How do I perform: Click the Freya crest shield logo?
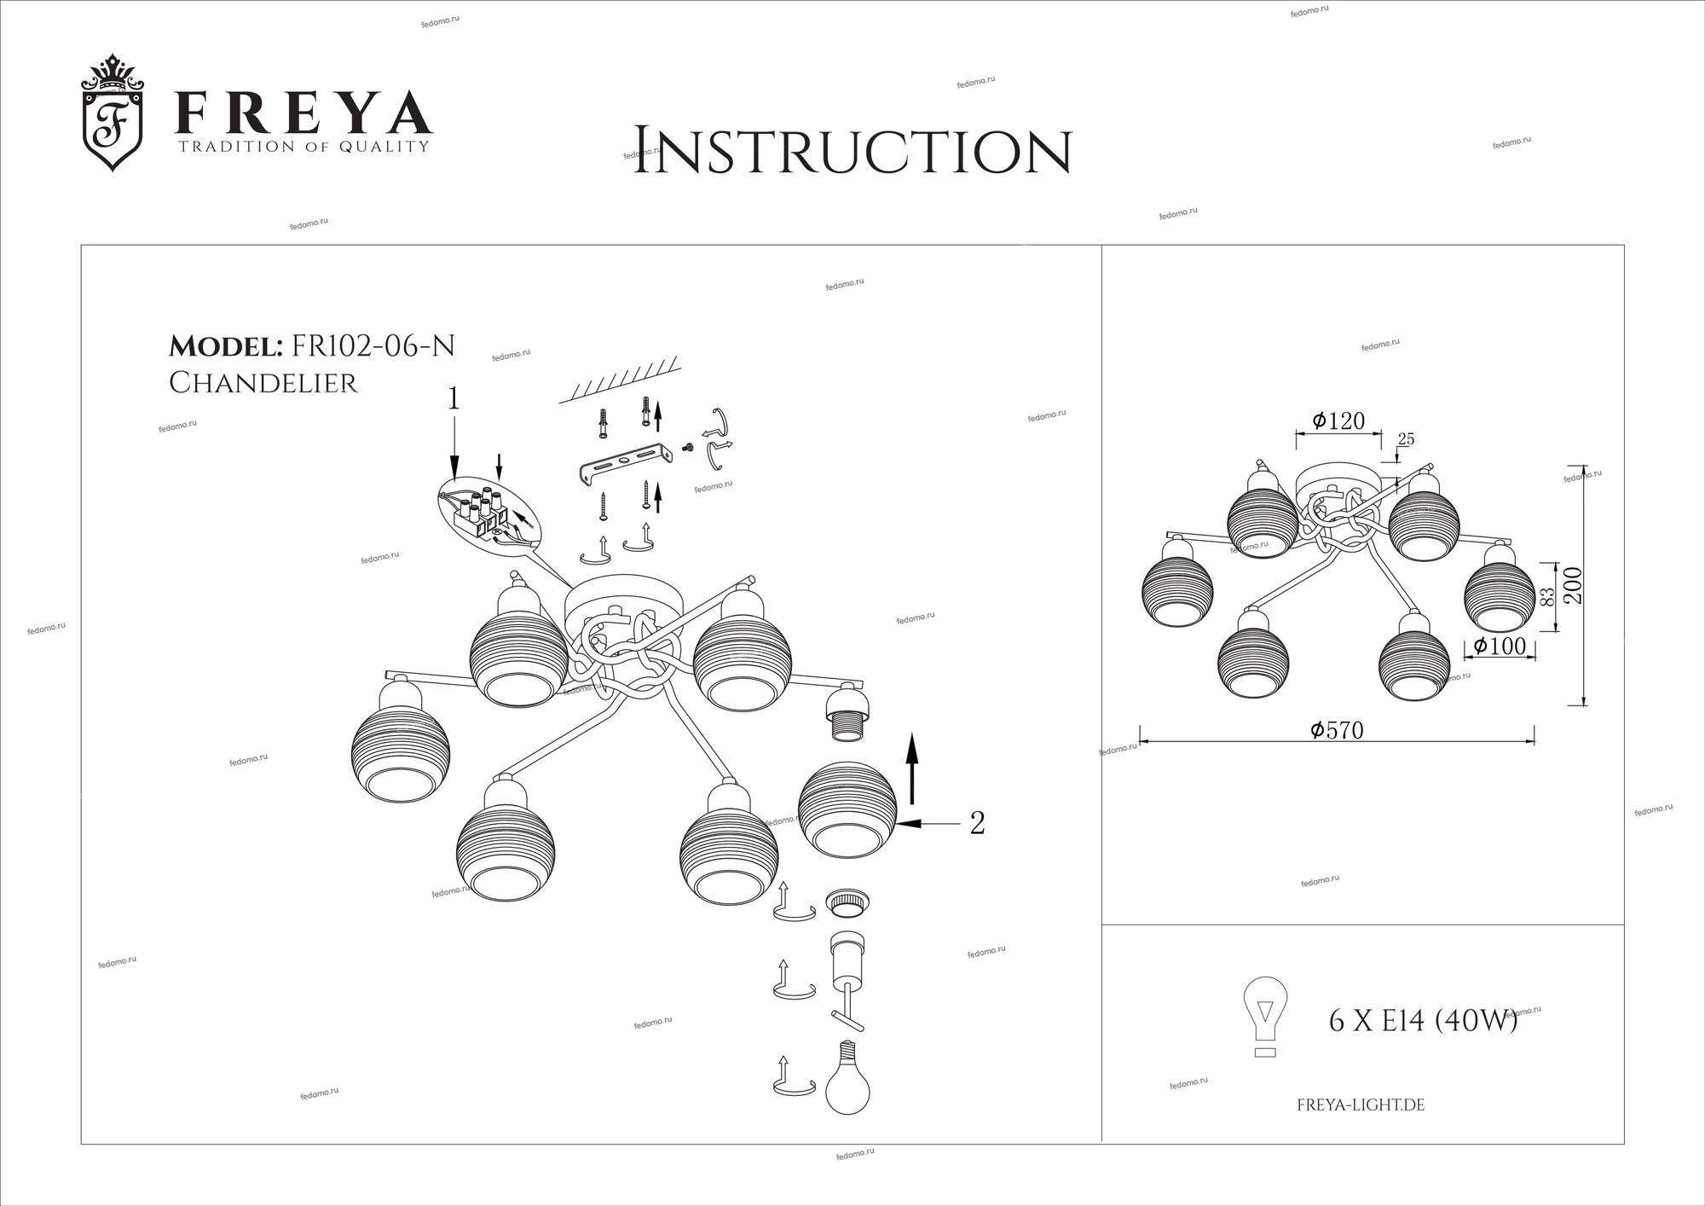(x=113, y=113)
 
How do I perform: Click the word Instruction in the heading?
(x=852, y=152)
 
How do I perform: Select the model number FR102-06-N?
(x=373, y=345)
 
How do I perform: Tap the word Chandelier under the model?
(x=263, y=383)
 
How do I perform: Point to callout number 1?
(x=454, y=399)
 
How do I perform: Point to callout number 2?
(x=978, y=823)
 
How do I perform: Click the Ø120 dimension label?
(x=1338, y=420)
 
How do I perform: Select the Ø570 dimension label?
(x=1338, y=731)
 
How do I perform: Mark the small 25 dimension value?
(x=1406, y=439)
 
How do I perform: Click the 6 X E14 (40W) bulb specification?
(x=1424, y=1020)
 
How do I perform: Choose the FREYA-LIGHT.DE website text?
(x=1361, y=1105)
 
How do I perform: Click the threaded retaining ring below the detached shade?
(x=847, y=902)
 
